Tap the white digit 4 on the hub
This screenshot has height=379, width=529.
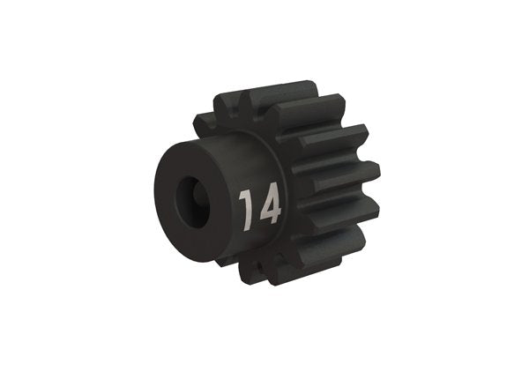pos(268,206)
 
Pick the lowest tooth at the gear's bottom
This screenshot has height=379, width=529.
pos(264,270)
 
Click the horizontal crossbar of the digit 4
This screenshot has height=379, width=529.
pos(269,212)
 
